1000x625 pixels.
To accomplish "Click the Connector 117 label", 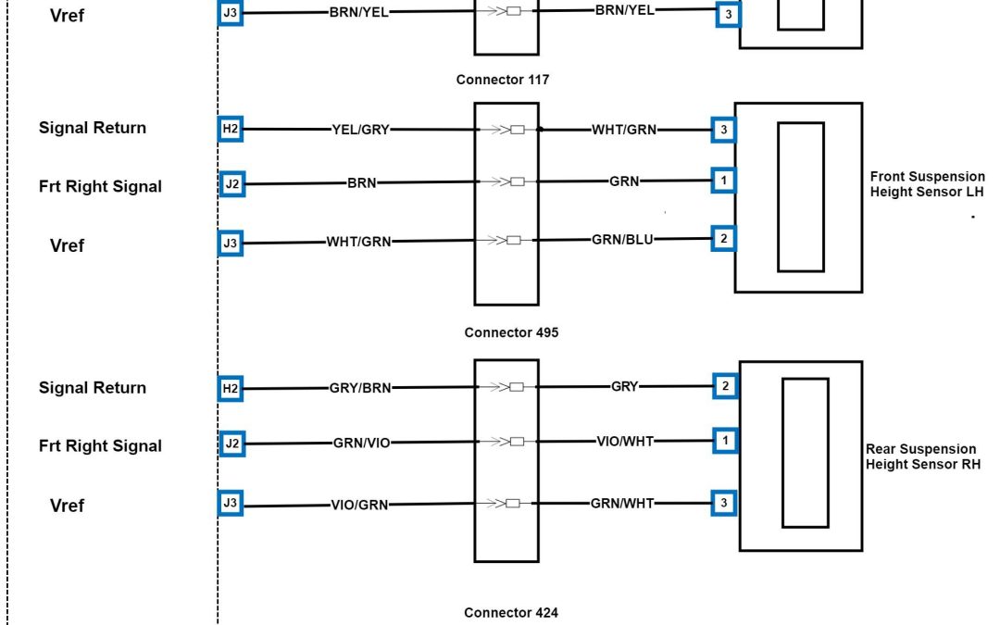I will [502, 80].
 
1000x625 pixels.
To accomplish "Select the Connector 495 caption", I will [511, 332].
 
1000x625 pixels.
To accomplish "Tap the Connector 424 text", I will [511, 612].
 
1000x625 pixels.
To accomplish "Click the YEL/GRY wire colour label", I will [360, 130].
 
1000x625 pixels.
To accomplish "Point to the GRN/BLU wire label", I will [622, 239].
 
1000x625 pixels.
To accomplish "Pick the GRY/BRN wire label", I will [360, 389].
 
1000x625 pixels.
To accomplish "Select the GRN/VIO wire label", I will [362, 444].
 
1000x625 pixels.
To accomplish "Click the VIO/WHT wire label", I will [625, 441].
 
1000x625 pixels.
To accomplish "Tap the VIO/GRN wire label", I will [359, 506].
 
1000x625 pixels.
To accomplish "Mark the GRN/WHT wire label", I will [622, 503].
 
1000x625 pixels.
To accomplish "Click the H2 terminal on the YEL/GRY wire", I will [231, 130].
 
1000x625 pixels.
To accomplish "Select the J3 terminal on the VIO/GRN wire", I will [231, 504].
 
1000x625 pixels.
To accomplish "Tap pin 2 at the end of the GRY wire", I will [725, 386].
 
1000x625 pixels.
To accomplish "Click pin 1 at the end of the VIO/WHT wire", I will [725, 441].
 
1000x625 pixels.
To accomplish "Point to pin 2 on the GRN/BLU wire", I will [723, 239].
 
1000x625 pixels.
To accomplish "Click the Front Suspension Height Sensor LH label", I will [927, 184].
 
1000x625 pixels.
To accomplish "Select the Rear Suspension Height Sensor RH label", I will [922, 456].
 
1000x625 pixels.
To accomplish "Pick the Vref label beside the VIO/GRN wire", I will [67, 506].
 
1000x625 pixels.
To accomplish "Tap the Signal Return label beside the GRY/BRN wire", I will [93, 388].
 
